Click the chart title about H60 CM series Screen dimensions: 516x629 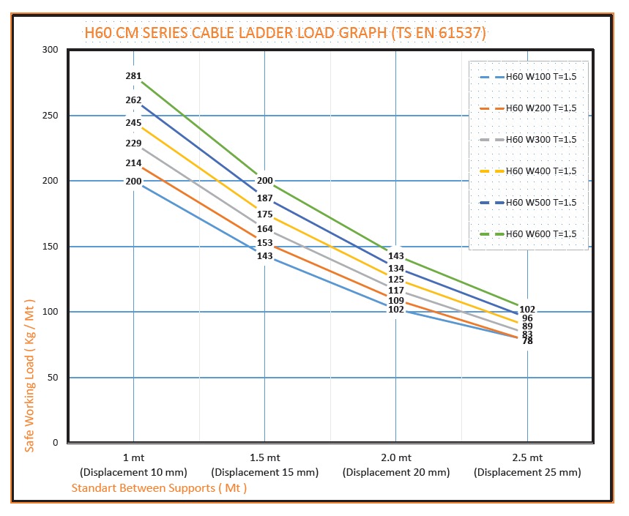coord(285,32)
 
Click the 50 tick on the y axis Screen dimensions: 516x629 coord(53,378)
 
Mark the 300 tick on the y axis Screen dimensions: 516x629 coord(50,50)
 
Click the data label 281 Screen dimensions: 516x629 coord(133,76)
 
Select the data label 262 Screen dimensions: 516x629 coord(133,100)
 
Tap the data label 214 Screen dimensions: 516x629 coord(133,163)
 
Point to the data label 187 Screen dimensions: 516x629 coord(265,198)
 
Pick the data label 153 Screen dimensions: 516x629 coord(265,243)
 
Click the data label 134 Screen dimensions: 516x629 coord(396,269)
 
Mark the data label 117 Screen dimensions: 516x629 coord(396,291)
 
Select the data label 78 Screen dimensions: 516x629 coord(527,341)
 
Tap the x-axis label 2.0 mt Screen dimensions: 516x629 coord(396,458)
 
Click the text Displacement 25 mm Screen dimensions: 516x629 coord(527,472)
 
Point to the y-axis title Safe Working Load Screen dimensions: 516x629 coord(30,375)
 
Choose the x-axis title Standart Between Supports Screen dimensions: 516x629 coord(159,487)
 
